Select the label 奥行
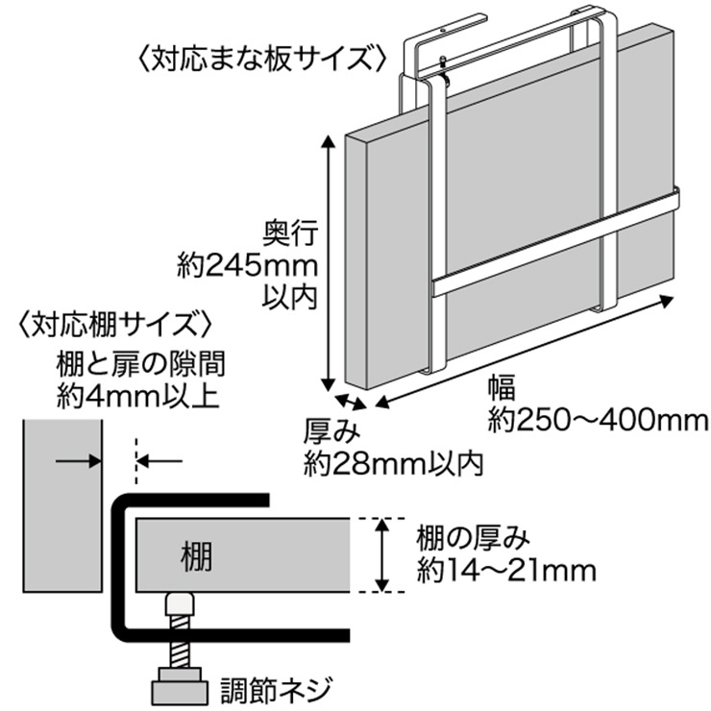(x=289, y=233)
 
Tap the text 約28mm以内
(x=393, y=463)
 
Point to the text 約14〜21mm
(x=506, y=572)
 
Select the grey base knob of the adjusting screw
(x=179, y=690)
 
